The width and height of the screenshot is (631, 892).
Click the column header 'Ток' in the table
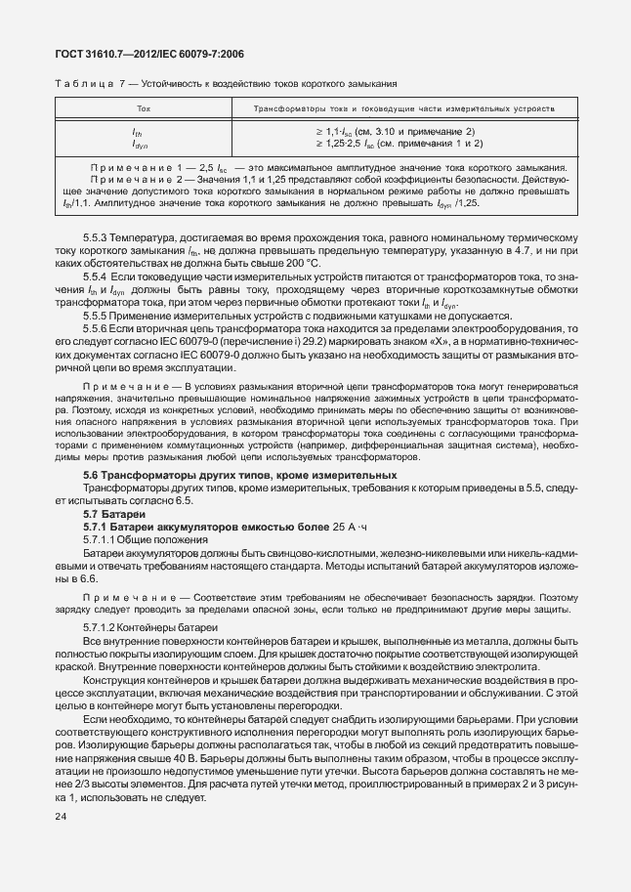(144, 110)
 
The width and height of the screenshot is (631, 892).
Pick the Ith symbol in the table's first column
(137, 132)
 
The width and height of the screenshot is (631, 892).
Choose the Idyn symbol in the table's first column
(139, 144)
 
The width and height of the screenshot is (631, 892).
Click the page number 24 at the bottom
(63, 815)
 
